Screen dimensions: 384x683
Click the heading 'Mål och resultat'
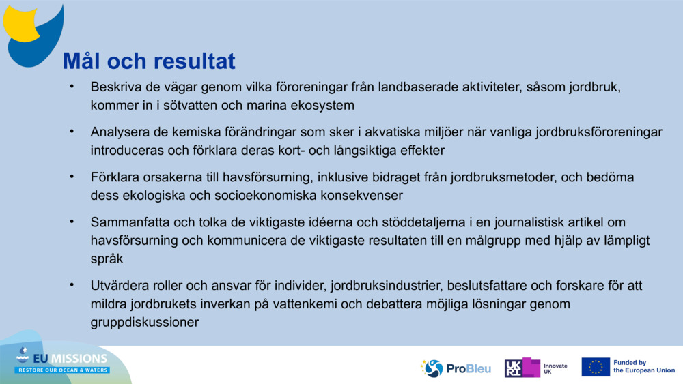pos(149,61)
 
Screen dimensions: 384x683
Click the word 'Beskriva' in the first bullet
pos(113,88)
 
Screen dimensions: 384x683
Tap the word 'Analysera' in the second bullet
pos(117,132)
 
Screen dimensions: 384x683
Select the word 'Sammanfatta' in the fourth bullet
pos(126,222)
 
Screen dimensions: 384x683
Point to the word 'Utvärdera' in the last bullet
pos(118,285)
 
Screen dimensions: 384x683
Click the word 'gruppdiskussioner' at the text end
pos(144,322)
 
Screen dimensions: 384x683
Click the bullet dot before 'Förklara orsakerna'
pos(70,176)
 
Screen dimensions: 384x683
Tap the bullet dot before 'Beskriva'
pos(70,87)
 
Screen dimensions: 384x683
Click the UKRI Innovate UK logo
pos(536,368)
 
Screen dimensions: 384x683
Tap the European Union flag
pos(595,367)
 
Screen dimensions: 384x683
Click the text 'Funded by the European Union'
pos(643,367)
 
